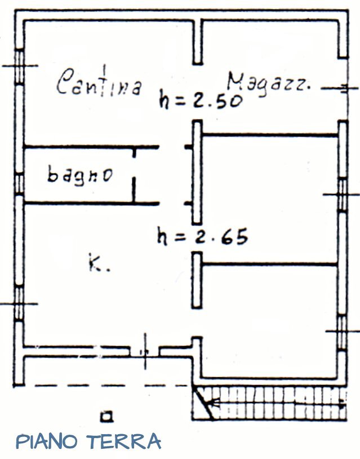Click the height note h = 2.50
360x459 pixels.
pyautogui.click(x=201, y=100)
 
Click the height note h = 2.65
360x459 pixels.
pyautogui.click(x=202, y=237)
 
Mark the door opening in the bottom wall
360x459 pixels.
pyautogui.click(x=144, y=351)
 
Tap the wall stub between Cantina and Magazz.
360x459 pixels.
pyautogui.click(x=197, y=42)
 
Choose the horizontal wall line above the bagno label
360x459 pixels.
pyautogui.click(x=90, y=148)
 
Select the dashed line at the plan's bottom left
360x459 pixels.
pyautogui.click(x=101, y=386)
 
